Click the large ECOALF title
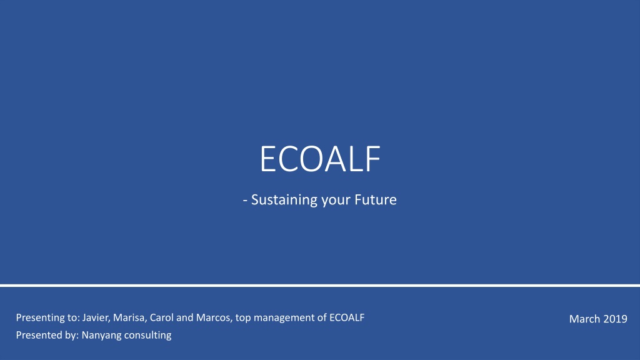[320, 159]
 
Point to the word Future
[376, 199]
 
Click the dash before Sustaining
[245, 201]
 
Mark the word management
[282, 318]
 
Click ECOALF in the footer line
[346, 317]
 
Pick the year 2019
[615, 319]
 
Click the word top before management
[243, 318]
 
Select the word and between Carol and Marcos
[185, 317]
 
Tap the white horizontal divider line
[320, 285]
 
